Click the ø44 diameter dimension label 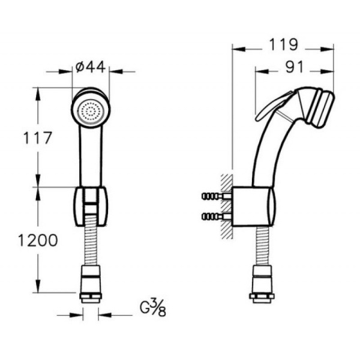tap(91, 67)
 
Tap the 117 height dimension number tap(38, 138)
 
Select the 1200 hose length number tap(38, 241)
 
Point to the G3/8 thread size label tap(153, 308)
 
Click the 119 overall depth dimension tap(283, 44)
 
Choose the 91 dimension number tap(295, 67)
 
